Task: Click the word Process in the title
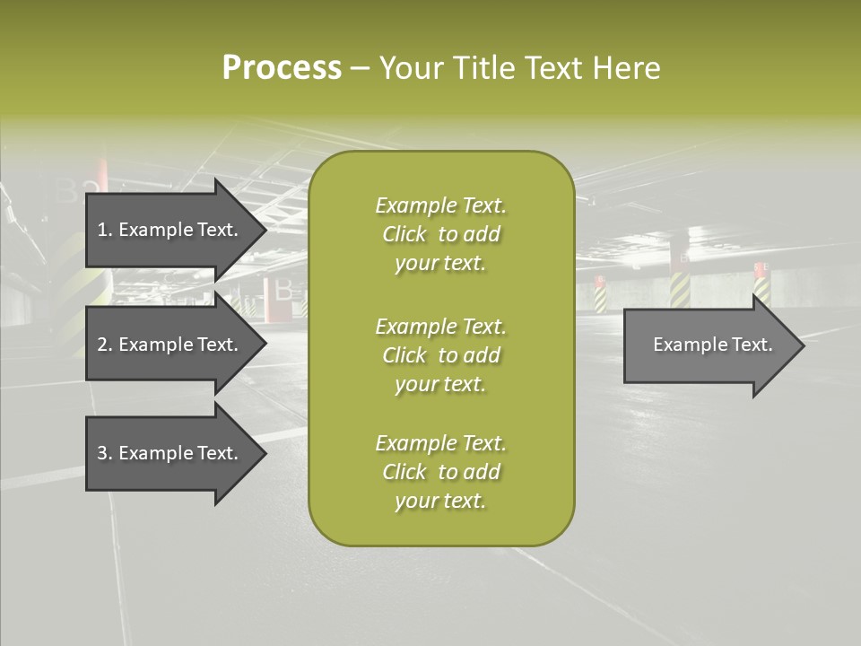click(282, 68)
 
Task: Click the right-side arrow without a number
click(709, 345)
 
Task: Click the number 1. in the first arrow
click(105, 230)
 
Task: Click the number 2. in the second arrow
click(105, 345)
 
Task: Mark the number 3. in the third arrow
click(105, 453)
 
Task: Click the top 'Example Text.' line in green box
click(440, 205)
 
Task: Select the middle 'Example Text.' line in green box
click(440, 326)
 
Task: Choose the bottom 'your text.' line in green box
click(440, 501)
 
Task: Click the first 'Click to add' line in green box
click(440, 234)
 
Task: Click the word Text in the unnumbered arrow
click(752, 345)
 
